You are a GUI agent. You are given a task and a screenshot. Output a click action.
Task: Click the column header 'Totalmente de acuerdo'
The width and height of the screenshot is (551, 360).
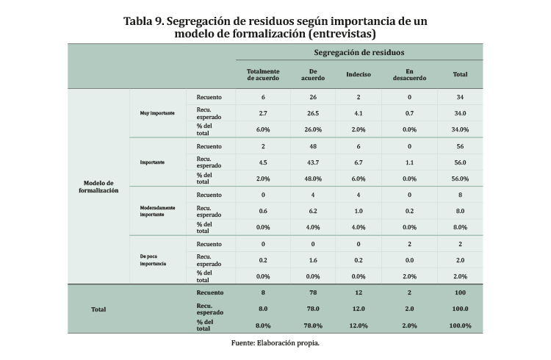click(x=263, y=74)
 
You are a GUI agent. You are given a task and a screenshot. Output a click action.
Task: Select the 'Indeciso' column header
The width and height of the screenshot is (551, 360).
click(x=359, y=74)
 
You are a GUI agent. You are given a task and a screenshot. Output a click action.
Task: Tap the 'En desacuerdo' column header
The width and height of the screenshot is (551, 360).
click(x=409, y=74)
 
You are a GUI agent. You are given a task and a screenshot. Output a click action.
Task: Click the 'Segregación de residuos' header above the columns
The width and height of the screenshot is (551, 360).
click(x=359, y=53)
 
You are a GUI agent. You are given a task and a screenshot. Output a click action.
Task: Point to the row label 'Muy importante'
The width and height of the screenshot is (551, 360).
click(x=157, y=113)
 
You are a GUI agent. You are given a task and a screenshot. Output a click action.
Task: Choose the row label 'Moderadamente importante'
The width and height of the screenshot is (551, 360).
click(x=158, y=212)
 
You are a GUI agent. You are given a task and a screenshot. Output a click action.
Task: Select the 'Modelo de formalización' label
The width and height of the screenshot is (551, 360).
click(x=98, y=187)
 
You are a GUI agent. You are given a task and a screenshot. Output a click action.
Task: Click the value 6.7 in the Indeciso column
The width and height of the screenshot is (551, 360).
click(x=359, y=162)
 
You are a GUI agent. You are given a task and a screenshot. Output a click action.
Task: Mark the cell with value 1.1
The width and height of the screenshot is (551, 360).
click(x=409, y=162)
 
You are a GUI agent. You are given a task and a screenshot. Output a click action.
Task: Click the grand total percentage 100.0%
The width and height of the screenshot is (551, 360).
click(x=461, y=325)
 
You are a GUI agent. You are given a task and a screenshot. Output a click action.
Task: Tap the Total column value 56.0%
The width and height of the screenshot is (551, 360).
click(x=461, y=179)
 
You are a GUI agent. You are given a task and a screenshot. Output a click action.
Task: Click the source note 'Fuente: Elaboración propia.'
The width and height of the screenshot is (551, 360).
click(x=275, y=342)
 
